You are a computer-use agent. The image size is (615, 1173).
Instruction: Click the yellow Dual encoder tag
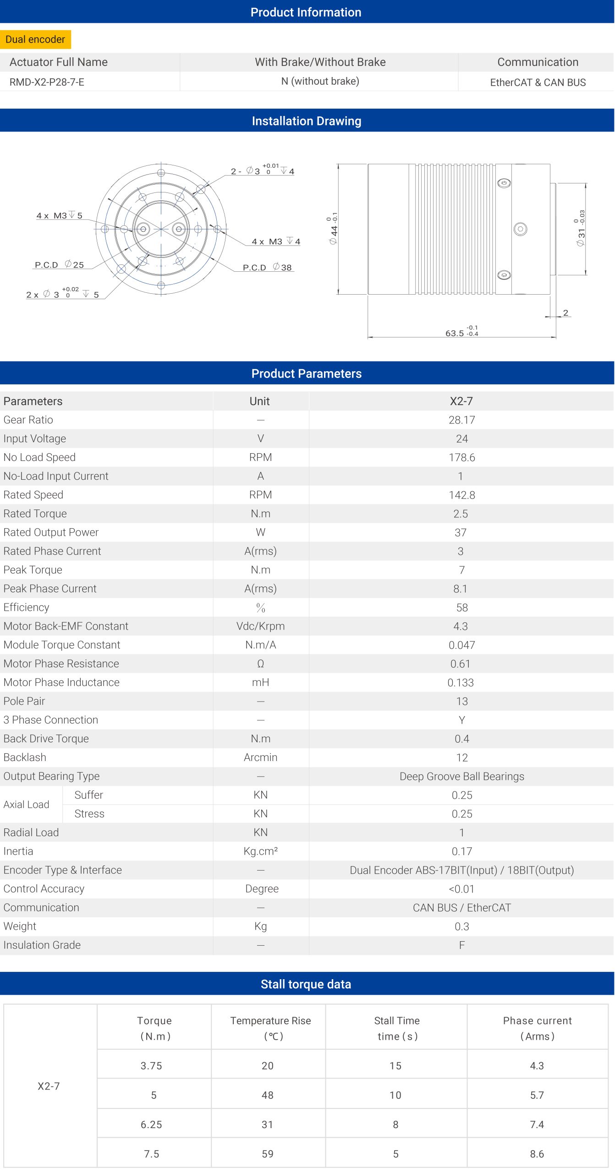coord(35,39)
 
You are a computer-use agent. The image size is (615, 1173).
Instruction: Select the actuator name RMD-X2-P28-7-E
coord(47,82)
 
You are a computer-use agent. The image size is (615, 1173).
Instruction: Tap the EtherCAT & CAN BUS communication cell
coord(538,82)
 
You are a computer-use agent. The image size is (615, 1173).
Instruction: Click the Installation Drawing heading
coord(307,121)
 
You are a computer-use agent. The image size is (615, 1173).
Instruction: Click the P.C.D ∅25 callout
coord(59,265)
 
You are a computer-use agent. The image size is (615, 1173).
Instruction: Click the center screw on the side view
coord(520,229)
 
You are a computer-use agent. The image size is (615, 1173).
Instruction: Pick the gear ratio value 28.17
coord(461,420)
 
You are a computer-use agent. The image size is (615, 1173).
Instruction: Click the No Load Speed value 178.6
coord(461,457)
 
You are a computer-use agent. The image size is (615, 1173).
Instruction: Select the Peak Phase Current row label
coord(50,589)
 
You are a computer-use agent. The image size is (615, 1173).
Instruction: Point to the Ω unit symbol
coord(260,664)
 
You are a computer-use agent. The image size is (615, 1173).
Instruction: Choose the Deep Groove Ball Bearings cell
coord(461,776)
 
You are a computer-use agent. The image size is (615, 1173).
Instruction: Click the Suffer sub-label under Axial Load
coord(88,795)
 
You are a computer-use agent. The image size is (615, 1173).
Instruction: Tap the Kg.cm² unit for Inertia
coord(260,851)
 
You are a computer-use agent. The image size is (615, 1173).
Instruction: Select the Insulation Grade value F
coord(461,945)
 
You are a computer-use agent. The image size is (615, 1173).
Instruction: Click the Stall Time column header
coord(396,1028)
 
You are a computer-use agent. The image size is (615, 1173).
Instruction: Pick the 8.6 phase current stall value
coord(537,1154)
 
